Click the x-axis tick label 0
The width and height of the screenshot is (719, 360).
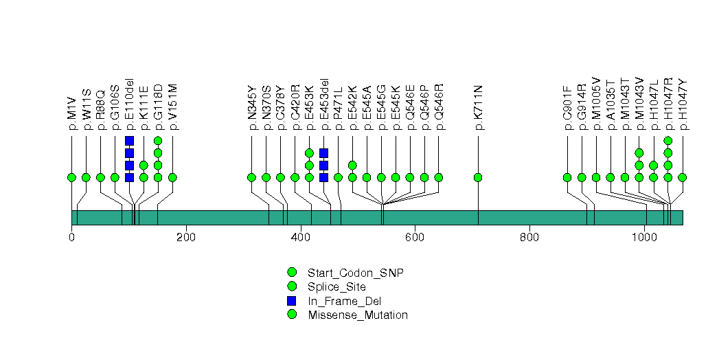coord(71,238)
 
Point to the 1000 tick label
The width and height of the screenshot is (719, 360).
coord(644,238)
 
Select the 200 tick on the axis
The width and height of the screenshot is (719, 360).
coord(186,238)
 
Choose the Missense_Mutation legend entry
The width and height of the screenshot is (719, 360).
coord(358,315)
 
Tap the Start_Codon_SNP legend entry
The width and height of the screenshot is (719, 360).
coord(355,273)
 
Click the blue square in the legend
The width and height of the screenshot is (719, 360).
coord(292,301)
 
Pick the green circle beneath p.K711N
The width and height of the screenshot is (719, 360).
coord(478,177)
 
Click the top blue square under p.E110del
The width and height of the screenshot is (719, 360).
coord(129,141)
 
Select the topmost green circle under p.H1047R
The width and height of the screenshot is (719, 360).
coord(667,141)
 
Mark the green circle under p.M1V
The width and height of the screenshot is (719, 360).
coord(71,177)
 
